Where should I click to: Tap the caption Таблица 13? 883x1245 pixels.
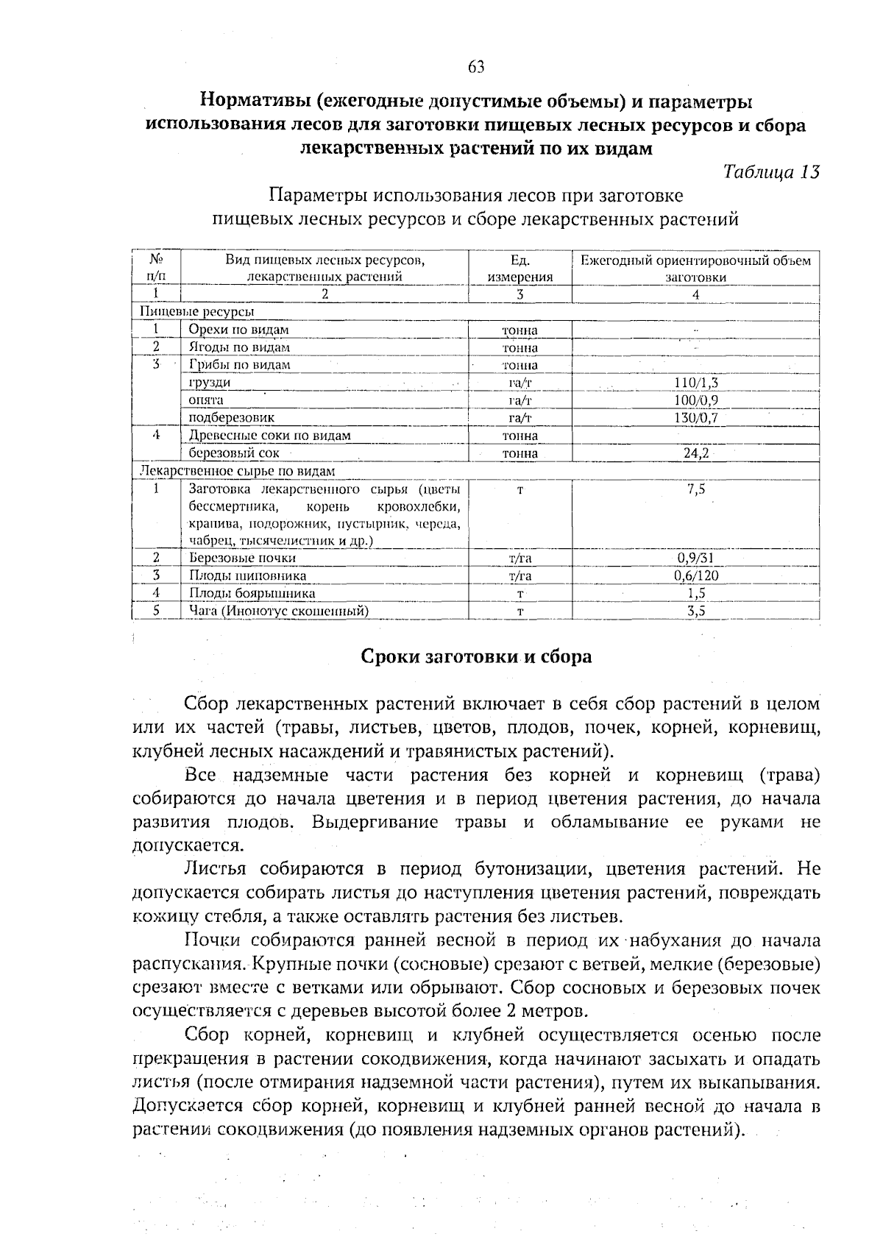coord(771,172)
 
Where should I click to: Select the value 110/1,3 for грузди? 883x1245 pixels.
coord(695,383)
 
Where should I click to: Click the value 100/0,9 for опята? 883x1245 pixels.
coord(695,400)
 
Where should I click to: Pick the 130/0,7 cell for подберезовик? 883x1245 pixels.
coord(695,418)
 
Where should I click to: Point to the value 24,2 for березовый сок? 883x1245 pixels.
coord(695,453)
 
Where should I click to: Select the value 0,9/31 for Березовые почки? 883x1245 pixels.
coord(695,558)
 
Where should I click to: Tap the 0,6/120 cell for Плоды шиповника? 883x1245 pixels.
coord(695,575)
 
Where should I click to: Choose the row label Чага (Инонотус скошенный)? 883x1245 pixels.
coord(279,611)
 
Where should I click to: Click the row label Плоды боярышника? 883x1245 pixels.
coord(252,593)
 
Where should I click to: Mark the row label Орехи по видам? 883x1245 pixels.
coord(238,330)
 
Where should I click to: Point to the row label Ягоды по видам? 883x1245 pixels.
coord(238,347)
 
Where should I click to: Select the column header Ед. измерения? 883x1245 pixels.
coord(519,269)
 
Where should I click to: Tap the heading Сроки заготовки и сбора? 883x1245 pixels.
coord(475,656)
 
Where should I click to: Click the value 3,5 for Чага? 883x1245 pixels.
coord(695,611)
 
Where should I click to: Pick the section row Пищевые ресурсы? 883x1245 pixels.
coord(192,312)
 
